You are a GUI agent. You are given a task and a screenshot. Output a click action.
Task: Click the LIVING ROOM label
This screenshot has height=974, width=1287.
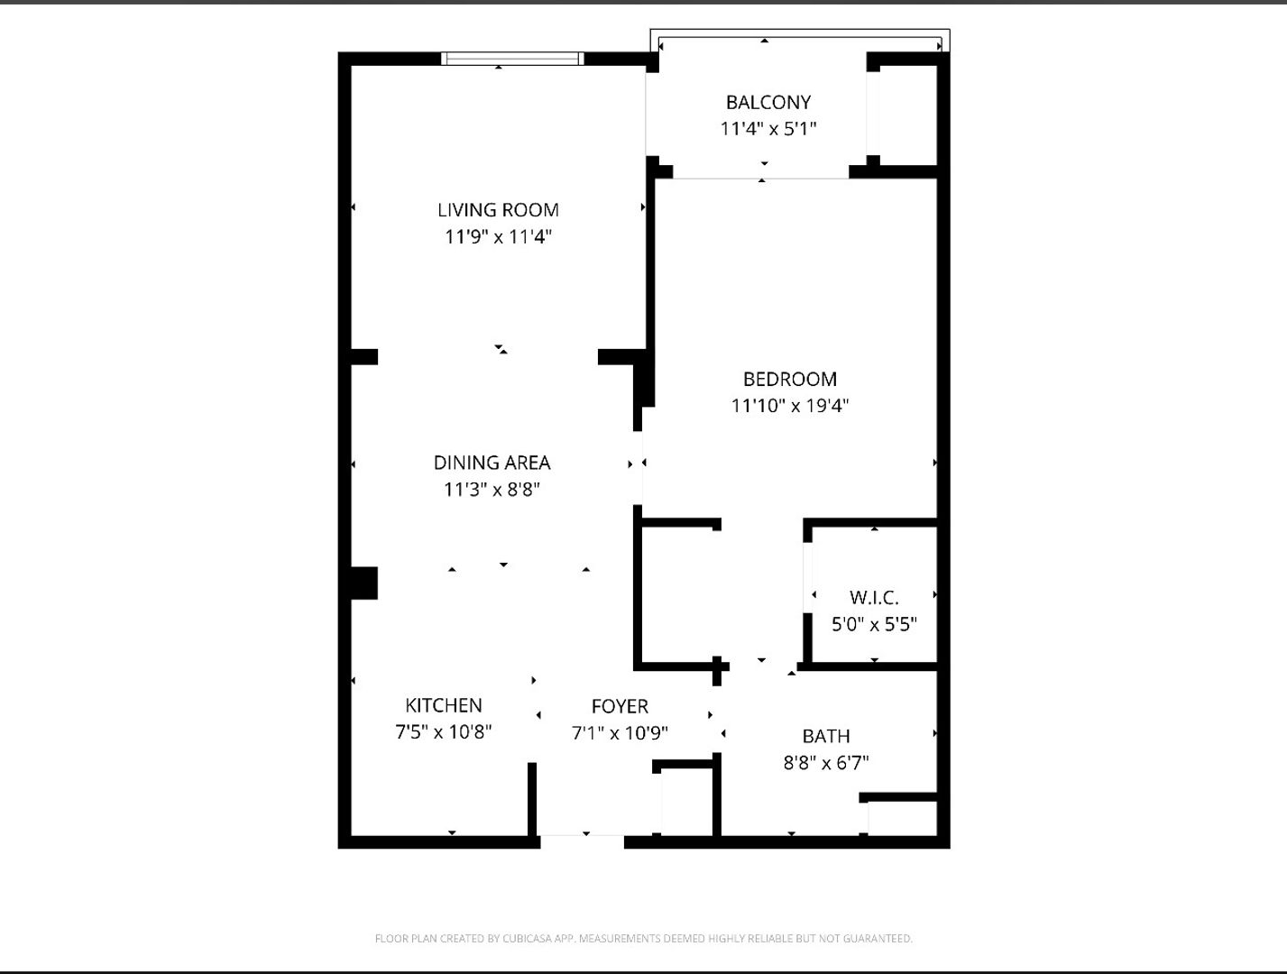tap(498, 210)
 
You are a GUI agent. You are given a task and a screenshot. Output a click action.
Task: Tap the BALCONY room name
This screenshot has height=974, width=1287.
tap(768, 102)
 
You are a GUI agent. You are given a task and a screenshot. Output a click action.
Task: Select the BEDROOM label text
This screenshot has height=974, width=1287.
tap(789, 379)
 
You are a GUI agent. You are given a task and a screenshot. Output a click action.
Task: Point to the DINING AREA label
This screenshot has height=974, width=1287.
tap(492, 463)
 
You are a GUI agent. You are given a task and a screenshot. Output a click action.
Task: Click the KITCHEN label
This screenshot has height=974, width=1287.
tap(443, 705)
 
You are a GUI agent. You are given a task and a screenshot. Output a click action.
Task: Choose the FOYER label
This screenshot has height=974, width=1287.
tap(620, 706)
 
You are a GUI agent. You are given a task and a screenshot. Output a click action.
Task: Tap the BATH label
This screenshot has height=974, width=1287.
tap(825, 736)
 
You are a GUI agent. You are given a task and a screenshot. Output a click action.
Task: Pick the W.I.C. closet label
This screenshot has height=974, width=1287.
tap(873, 597)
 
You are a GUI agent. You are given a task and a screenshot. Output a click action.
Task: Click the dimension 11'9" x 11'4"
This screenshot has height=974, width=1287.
tap(498, 237)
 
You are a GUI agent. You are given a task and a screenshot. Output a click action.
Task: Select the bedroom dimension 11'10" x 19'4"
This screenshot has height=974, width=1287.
tap(789, 406)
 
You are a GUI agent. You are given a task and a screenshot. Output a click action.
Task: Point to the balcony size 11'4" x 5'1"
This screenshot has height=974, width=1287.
tap(768, 128)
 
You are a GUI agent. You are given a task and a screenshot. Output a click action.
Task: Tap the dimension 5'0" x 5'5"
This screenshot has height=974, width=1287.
tap(873, 624)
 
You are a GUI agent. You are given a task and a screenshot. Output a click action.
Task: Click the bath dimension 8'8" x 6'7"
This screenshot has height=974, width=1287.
tap(825, 763)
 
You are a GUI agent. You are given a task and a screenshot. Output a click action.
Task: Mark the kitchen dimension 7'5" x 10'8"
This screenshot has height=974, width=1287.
tap(443, 731)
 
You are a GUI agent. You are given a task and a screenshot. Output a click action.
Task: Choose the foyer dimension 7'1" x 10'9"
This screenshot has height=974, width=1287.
tap(620, 732)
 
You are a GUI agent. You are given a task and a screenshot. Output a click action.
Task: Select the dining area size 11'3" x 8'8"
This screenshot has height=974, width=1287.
tap(492, 490)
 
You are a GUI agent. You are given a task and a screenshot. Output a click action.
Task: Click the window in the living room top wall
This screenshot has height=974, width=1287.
tap(512, 59)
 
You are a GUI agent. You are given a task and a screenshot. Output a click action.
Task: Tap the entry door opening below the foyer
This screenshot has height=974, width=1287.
tap(582, 841)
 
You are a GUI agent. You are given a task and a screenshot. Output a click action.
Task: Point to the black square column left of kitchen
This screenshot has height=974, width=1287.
tap(363, 583)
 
